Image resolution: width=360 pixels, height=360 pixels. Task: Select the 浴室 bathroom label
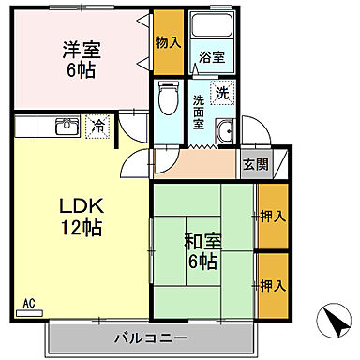211,58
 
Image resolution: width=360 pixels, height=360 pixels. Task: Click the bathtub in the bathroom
212,28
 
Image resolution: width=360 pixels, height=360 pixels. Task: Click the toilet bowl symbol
170,99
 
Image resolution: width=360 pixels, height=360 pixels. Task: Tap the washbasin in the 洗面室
225,132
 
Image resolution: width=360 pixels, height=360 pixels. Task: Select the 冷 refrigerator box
97,125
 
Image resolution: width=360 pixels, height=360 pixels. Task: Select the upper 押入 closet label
273,217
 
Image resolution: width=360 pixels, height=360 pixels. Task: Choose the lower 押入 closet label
273,285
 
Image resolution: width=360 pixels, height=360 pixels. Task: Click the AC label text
28,303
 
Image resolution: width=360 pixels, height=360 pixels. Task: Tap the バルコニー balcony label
151,337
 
